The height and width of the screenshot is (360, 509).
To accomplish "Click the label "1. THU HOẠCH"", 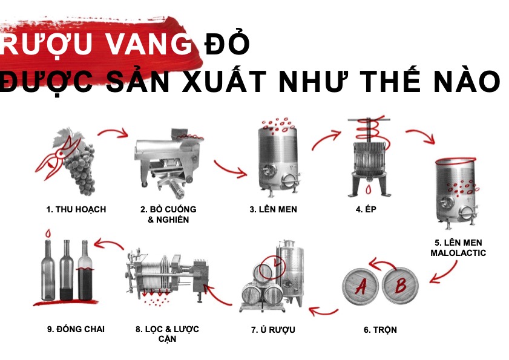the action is [76, 210].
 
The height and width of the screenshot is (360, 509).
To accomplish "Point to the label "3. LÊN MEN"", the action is [274, 210].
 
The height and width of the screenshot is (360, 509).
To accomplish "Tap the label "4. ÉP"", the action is [366, 209].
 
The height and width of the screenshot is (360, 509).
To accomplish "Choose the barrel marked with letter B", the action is [400, 286].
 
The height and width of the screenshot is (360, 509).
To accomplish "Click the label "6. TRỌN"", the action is [380, 330].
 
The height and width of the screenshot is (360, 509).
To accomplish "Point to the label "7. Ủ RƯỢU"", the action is [274, 330].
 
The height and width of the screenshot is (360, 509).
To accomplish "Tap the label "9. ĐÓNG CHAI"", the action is [76, 329].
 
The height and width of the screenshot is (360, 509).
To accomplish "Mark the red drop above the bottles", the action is [48, 233].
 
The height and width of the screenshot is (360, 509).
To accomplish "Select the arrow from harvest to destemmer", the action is [114, 131].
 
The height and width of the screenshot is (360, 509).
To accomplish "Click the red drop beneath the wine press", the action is [369, 189].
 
